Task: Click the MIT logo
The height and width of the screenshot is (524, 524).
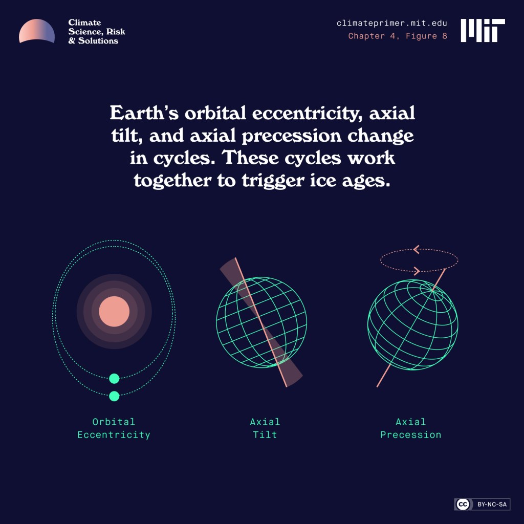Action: [x=483, y=30]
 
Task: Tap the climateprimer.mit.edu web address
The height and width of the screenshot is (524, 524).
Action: [x=391, y=24]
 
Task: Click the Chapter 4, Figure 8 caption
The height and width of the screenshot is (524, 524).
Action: [x=398, y=36]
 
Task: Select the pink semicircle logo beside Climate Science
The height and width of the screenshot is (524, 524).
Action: [x=37, y=32]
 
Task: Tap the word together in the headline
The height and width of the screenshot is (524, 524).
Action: [x=172, y=180]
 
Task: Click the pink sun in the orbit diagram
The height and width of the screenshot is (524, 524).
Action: [x=114, y=311]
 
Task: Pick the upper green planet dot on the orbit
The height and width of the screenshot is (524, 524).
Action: [x=114, y=379]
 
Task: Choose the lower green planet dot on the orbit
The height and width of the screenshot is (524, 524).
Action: [x=114, y=396]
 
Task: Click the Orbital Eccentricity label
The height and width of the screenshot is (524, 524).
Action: [x=114, y=428]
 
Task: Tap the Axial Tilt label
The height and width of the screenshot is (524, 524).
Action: [x=265, y=428]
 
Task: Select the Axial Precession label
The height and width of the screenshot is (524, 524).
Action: [x=410, y=428]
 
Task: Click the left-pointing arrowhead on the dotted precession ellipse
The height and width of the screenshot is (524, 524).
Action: [x=416, y=250]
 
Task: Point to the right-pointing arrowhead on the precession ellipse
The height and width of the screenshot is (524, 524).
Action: [x=417, y=271]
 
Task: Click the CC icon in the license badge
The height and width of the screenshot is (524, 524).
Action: [x=463, y=505]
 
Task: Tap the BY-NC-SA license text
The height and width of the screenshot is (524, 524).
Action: [x=492, y=505]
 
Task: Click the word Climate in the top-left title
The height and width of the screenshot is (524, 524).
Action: [x=84, y=23]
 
